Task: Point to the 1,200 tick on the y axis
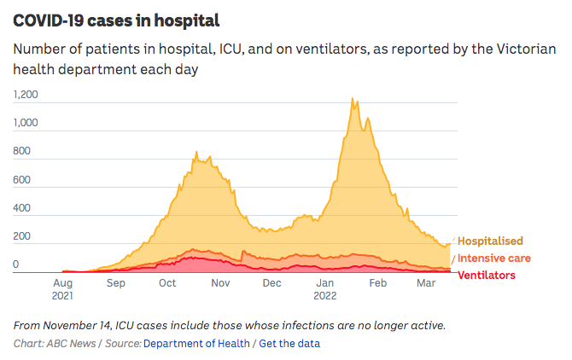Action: point(26,96)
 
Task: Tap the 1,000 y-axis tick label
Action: point(26,124)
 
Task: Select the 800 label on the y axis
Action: point(21,152)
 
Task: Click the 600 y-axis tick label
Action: point(21,180)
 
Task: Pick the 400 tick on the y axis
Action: point(21,208)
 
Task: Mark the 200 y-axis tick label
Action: point(21,236)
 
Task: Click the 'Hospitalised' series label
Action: point(490,241)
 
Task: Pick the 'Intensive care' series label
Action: point(494,258)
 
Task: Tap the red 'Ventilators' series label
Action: point(487,275)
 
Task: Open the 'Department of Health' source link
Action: point(196,343)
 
